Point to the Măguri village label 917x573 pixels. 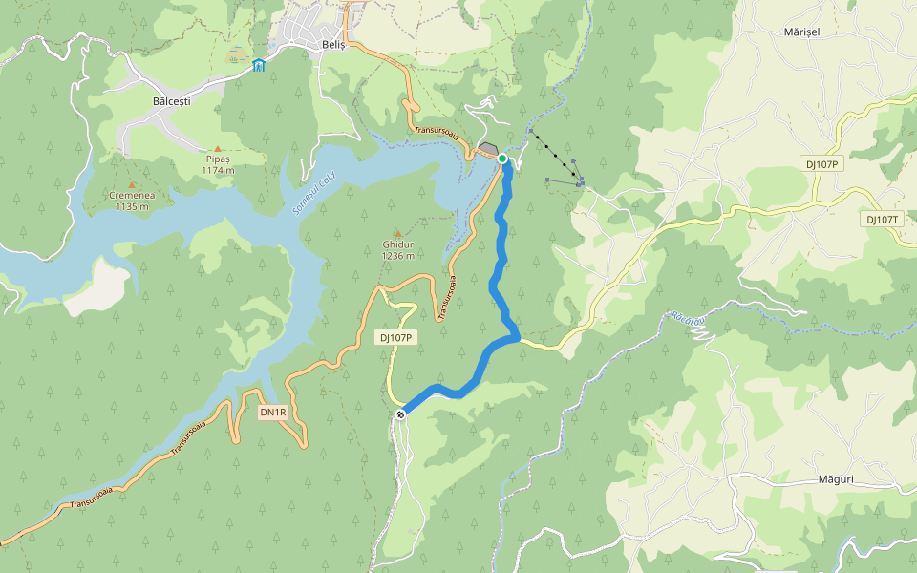(x=835, y=479)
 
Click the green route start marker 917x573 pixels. (x=502, y=159)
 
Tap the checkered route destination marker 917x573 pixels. (x=401, y=414)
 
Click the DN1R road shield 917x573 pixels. (x=273, y=413)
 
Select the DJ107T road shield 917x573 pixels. (x=883, y=219)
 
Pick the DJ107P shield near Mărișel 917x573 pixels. (x=821, y=164)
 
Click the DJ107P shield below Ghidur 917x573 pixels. (x=395, y=337)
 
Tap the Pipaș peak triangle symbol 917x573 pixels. (x=217, y=148)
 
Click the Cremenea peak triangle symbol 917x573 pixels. (x=132, y=183)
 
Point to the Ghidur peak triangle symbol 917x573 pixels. (x=397, y=232)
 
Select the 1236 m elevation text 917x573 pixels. (x=397, y=256)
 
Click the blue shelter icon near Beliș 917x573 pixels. (x=259, y=65)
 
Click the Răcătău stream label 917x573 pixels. (x=687, y=318)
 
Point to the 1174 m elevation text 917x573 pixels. (x=218, y=170)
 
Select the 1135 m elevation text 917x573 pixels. (x=132, y=206)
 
